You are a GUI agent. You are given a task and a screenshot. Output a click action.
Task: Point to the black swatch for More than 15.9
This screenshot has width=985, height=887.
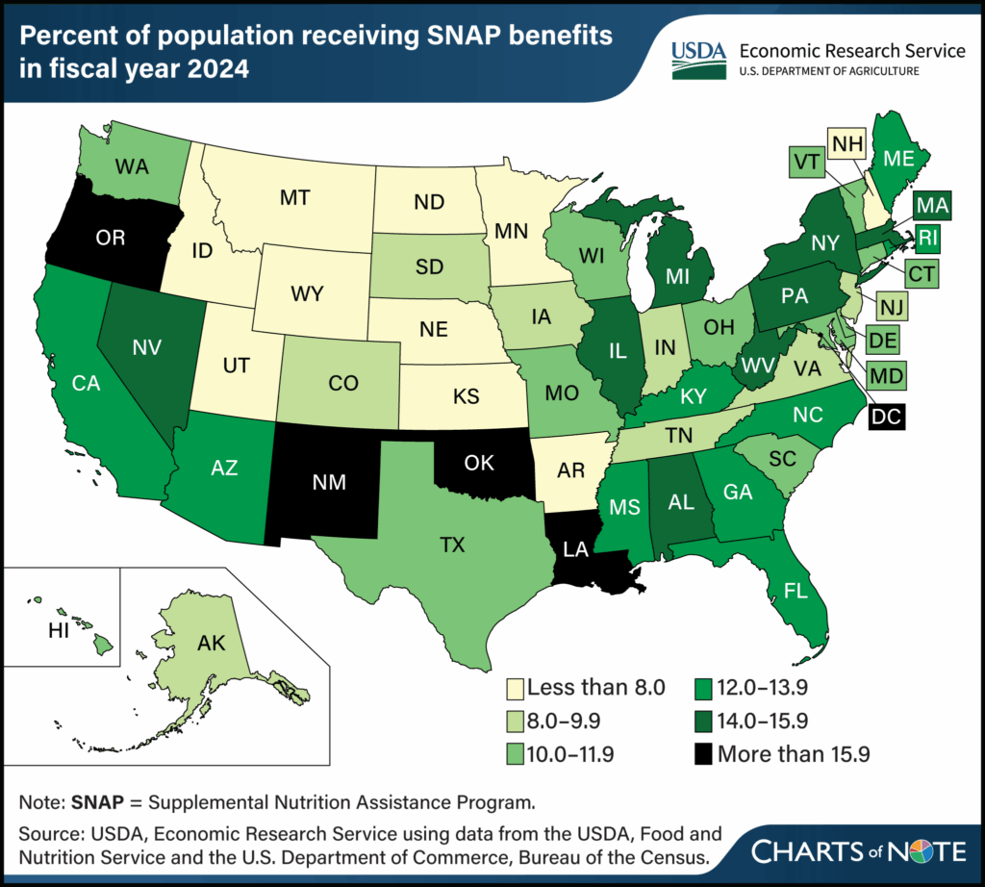[704, 755]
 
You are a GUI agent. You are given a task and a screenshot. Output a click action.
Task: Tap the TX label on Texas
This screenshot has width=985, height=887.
[451, 545]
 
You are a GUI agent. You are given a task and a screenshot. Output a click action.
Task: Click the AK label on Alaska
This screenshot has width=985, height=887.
[209, 644]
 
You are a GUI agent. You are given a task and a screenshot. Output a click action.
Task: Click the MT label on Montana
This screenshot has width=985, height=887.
[293, 197]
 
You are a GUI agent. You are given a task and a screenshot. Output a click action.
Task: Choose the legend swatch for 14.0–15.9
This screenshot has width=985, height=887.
[704, 722]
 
